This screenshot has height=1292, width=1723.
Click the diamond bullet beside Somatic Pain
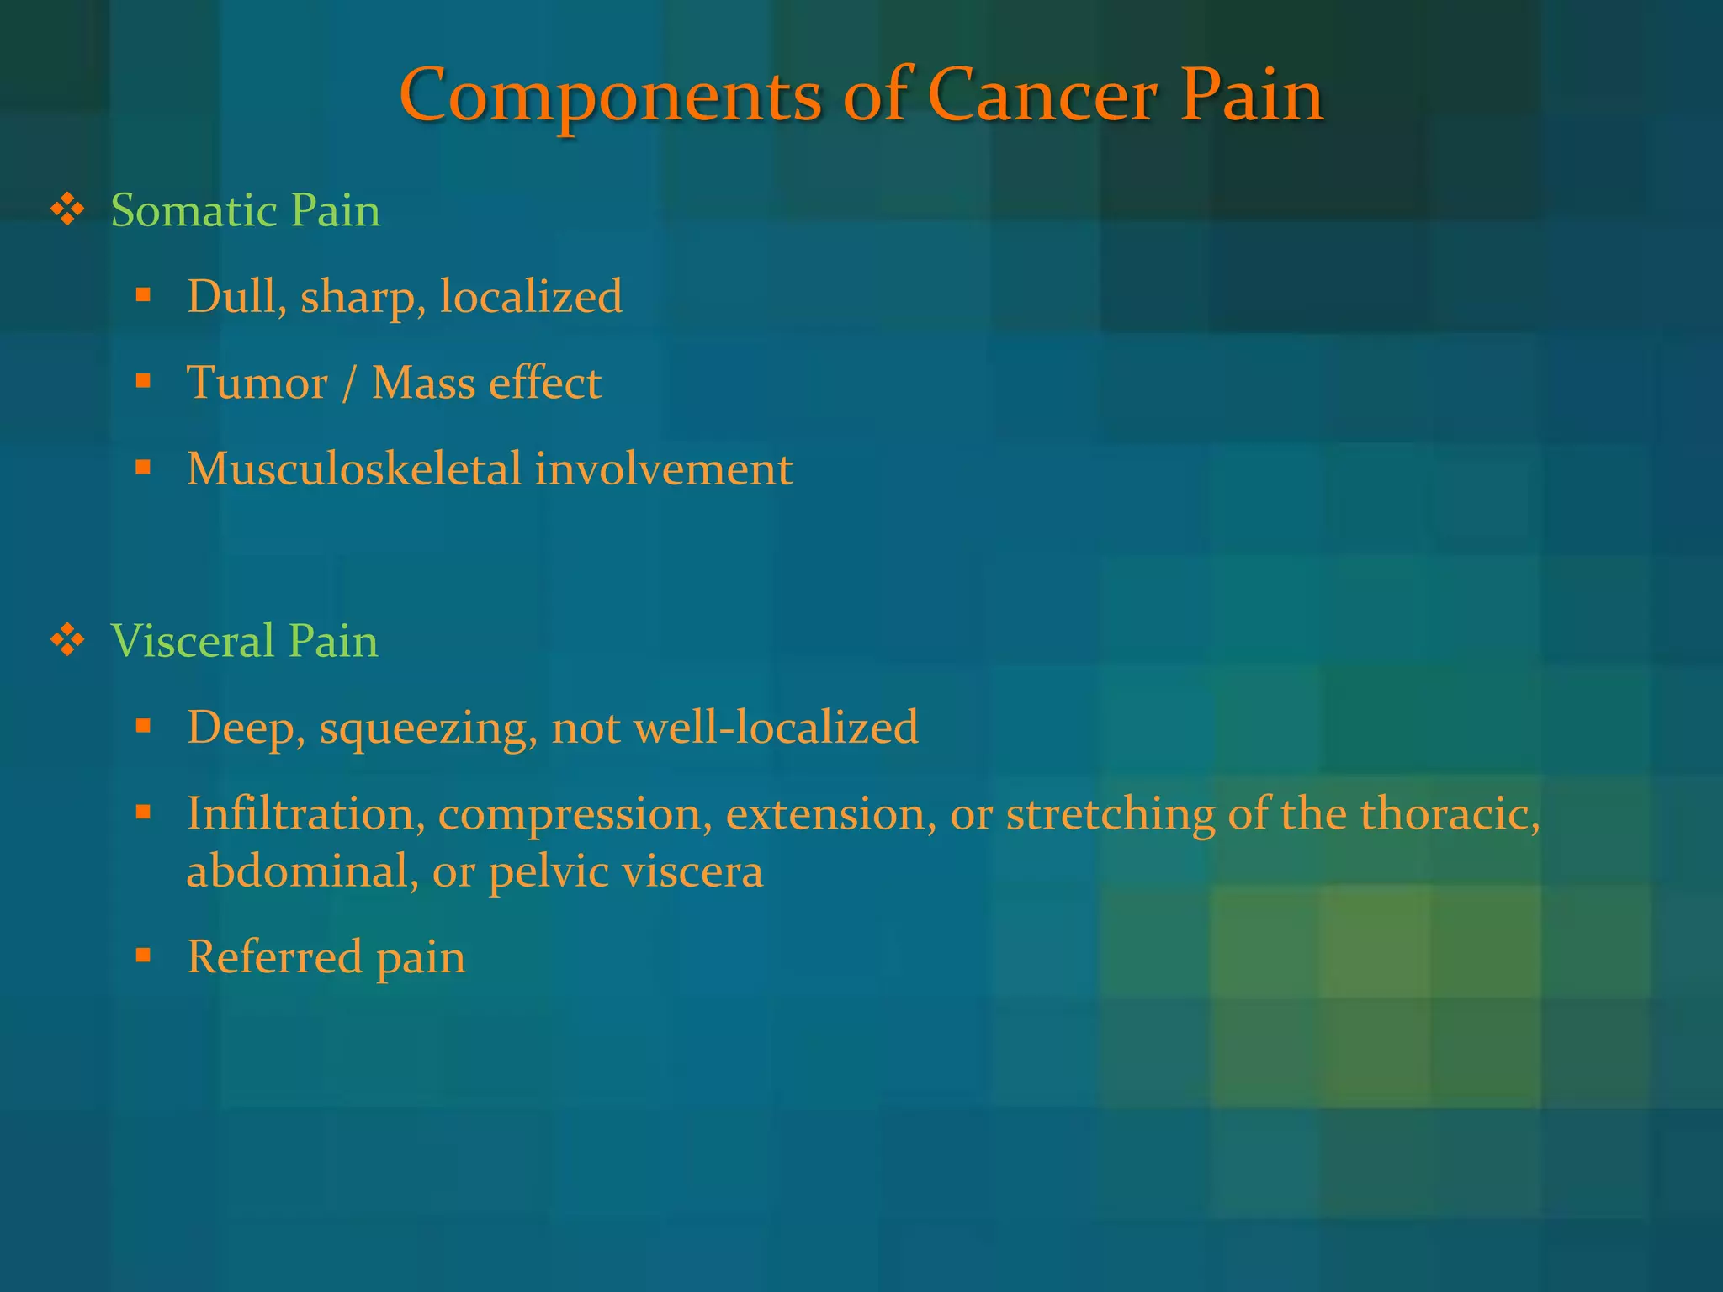pyautogui.click(x=68, y=209)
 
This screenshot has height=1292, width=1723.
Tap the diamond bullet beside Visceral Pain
pyautogui.click(x=68, y=641)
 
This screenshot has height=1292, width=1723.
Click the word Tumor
pyautogui.click(x=257, y=384)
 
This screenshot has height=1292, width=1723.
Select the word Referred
pyautogui.click(x=274, y=957)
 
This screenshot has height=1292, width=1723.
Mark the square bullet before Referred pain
pyautogui.click(x=144, y=956)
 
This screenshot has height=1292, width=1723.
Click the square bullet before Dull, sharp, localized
pyautogui.click(x=144, y=295)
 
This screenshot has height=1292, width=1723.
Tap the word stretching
pyautogui.click(x=1111, y=815)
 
